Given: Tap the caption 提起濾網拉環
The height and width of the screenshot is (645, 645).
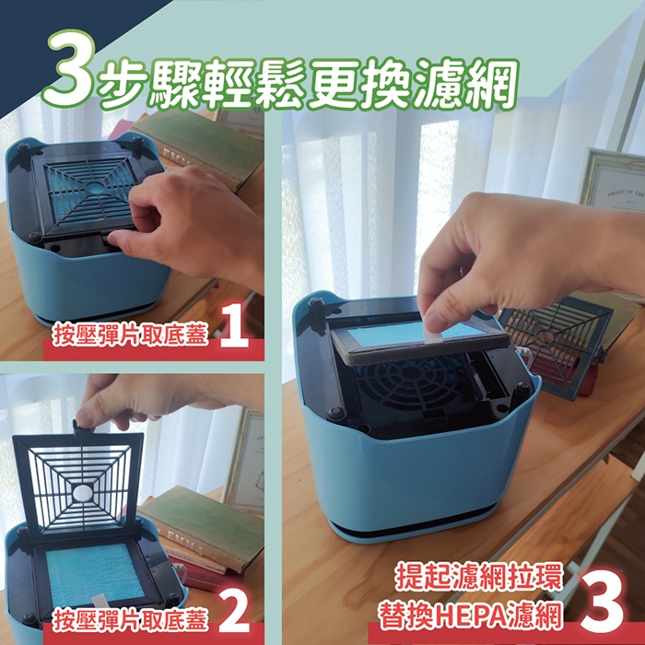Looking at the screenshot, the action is (478, 578).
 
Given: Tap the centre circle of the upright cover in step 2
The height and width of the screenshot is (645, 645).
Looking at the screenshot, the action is (83, 492).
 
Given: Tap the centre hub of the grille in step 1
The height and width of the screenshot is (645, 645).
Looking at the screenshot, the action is (95, 188).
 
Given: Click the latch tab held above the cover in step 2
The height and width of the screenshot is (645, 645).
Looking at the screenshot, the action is (83, 427).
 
